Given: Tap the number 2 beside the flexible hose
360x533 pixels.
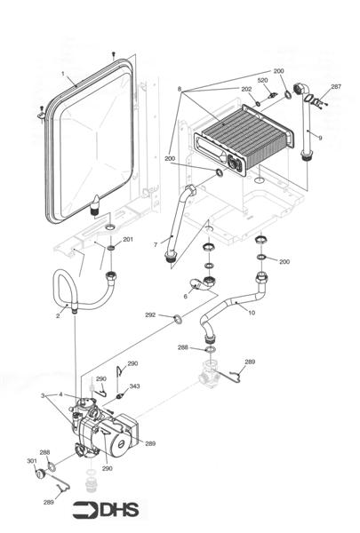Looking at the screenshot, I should click(58, 315).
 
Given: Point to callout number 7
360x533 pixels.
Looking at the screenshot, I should click(156, 244).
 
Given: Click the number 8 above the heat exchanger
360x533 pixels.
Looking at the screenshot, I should click(179, 90).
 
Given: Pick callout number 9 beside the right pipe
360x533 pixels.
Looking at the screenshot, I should click(320, 138).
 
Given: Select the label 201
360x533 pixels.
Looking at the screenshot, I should click(128, 240).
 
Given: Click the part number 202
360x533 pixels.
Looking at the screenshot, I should click(246, 89).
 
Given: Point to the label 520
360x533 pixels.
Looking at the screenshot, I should click(262, 81).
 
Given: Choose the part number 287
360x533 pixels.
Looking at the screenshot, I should click(335, 86).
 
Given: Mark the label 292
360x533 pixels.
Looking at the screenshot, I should click(150, 314).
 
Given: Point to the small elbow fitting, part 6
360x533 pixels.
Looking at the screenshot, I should click(207, 285).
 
